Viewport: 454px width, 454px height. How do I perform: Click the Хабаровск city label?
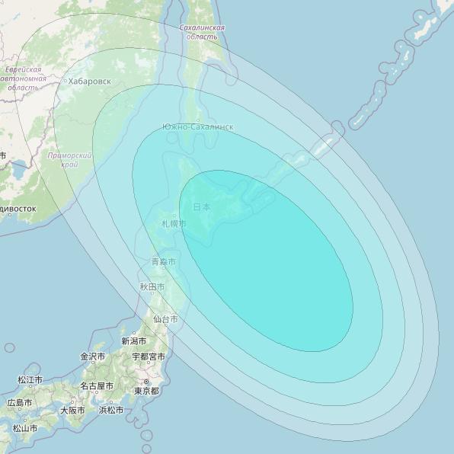point(88,80)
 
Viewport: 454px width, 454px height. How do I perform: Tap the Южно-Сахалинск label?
point(197,126)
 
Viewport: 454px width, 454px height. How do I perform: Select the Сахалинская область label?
point(202,31)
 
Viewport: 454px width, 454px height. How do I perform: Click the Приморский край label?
point(69,159)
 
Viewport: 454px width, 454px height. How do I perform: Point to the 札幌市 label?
point(173,223)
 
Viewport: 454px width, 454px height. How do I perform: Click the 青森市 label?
point(163,261)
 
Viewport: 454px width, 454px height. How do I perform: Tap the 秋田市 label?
point(152,286)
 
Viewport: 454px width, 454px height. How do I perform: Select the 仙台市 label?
point(165,318)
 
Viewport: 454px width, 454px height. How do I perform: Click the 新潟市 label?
point(133,340)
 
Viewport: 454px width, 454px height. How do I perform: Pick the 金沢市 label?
point(93,356)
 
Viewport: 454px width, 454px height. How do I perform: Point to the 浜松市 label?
point(111,410)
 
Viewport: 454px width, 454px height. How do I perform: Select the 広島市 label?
point(20,402)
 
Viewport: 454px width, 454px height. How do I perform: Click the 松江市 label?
point(30,379)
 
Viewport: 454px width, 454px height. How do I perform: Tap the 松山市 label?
point(25,428)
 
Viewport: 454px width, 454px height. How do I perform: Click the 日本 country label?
point(201,206)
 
